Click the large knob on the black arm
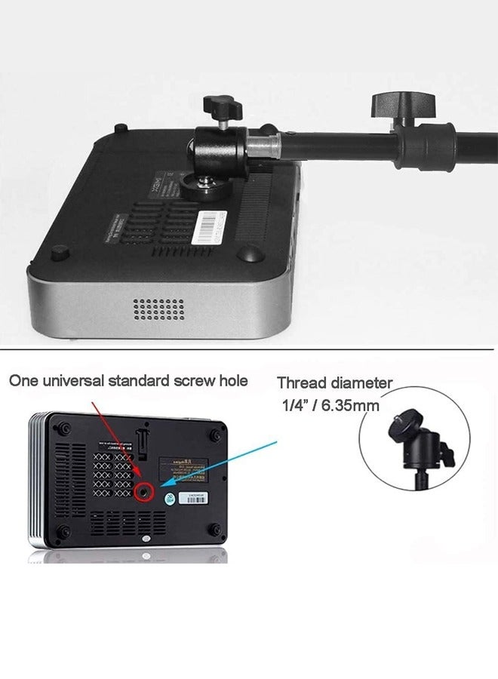point(404,103)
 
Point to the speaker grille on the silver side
point(158,308)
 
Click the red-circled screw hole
point(144,493)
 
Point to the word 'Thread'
point(302,383)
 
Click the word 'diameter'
point(361,383)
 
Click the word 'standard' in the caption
point(140,380)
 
